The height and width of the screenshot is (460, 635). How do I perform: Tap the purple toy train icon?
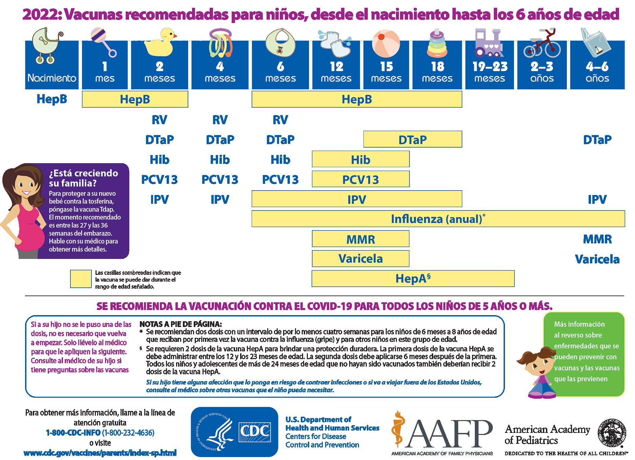[x=489, y=43]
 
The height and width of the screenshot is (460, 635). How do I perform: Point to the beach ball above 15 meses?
[x=386, y=44]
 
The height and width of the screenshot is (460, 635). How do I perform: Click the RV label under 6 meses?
[x=280, y=120]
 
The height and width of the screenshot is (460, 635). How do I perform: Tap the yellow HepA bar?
[x=413, y=279]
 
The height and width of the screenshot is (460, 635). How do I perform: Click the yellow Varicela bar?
[x=360, y=259]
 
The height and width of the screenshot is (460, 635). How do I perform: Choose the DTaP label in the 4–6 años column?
[x=597, y=139]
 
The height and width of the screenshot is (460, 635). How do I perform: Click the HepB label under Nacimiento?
[x=51, y=99]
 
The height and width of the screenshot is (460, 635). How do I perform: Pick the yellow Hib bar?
[x=360, y=159]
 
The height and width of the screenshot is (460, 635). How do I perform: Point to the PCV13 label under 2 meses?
[x=159, y=179]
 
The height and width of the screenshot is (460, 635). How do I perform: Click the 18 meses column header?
[x=437, y=72]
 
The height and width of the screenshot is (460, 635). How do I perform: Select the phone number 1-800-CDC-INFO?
[x=73, y=433]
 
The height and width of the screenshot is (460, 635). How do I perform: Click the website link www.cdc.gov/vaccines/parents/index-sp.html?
[x=100, y=453]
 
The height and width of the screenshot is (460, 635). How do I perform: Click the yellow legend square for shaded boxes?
[x=81, y=279]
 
